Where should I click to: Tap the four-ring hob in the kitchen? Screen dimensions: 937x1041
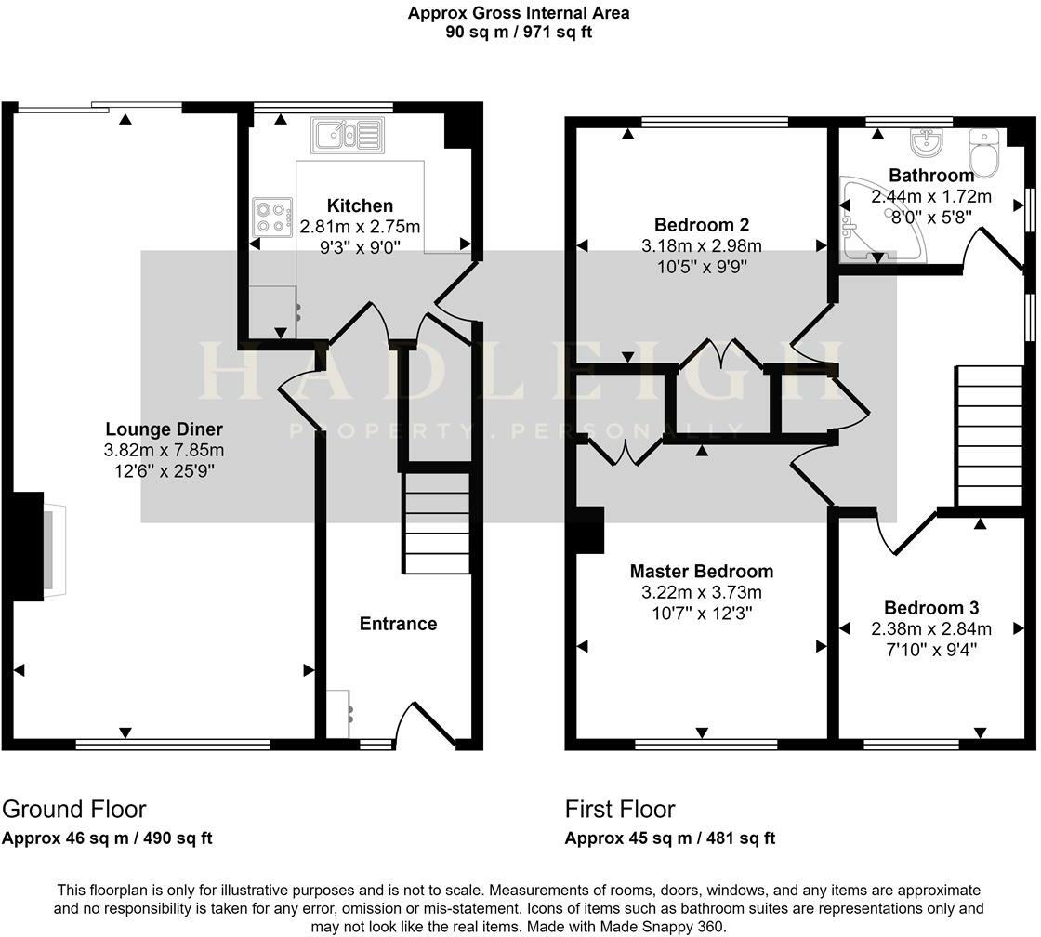271,217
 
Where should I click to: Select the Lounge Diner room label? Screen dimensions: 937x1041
165,429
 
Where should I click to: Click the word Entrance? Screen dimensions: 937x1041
398,624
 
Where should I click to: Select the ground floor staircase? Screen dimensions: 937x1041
437,522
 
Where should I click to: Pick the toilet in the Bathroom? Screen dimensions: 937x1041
983,149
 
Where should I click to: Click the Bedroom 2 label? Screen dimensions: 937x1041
701,225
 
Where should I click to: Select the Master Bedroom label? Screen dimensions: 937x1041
701,572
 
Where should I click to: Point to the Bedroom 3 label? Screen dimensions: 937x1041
931,608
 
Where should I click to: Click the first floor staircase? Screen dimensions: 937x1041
989,435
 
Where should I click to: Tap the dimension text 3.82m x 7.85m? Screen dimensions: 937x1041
165,451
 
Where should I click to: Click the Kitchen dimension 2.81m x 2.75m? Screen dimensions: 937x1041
360,226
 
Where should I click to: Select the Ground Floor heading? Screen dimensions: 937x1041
74,809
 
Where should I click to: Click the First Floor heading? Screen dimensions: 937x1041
620,809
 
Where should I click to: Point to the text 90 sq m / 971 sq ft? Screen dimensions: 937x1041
519,32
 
